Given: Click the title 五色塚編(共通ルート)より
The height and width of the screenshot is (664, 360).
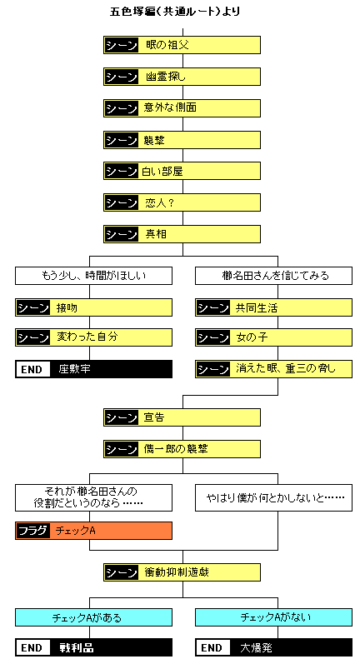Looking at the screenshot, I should [181, 12].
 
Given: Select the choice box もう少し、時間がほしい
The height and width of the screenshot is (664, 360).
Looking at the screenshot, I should [93, 276].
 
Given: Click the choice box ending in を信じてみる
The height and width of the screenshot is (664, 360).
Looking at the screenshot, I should [272, 276].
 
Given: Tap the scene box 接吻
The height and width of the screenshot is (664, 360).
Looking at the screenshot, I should [93, 307].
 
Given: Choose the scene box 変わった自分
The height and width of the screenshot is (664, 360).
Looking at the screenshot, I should [93, 338].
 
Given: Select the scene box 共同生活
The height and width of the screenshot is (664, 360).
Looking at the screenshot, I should [272, 307].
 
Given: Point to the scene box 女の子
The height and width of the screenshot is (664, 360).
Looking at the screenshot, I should [272, 338].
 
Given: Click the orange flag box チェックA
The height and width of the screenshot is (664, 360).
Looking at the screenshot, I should [93, 531].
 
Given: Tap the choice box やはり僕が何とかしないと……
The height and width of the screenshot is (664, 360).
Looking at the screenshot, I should [272, 497].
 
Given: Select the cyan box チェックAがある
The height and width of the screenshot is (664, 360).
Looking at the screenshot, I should [93, 617].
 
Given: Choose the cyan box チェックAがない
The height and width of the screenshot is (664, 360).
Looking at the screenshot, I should [272, 617].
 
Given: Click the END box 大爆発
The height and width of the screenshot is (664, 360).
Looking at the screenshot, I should [272, 647].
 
